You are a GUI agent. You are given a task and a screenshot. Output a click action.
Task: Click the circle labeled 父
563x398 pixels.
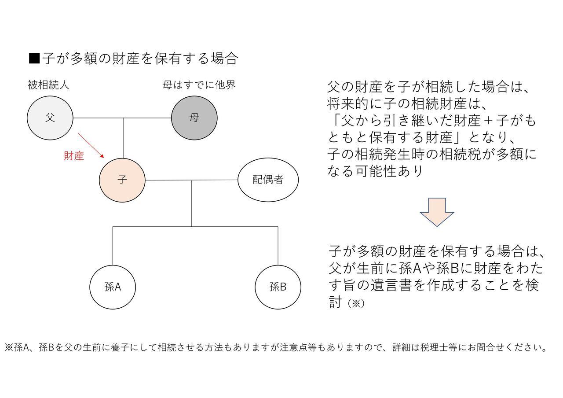(50, 118)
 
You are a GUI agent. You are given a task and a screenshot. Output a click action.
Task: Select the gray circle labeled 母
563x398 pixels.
(194, 118)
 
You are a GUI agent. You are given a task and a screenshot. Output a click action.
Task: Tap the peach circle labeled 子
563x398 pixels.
(122, 180)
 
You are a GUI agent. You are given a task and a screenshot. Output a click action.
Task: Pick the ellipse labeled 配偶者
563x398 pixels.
(268, 180)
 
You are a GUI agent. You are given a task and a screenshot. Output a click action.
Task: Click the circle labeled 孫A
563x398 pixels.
(113, 287)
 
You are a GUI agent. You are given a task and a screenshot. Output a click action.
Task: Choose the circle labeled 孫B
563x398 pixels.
(278, 287)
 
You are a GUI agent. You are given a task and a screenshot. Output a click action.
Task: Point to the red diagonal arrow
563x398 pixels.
(91, 145)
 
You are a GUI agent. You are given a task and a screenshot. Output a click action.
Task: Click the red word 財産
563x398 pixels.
(74, 156)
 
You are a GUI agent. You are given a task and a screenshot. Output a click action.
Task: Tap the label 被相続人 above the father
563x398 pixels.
(48, 85)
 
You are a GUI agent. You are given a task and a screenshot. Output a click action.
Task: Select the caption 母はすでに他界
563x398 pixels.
(199, 85)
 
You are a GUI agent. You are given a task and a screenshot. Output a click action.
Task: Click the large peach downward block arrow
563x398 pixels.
(437, 212)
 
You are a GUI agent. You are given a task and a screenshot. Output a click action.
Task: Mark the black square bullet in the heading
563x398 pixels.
(34, 58)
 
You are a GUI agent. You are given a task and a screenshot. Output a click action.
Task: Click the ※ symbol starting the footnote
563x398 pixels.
(9, 347)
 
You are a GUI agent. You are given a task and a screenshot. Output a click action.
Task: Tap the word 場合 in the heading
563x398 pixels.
(224, 59)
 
